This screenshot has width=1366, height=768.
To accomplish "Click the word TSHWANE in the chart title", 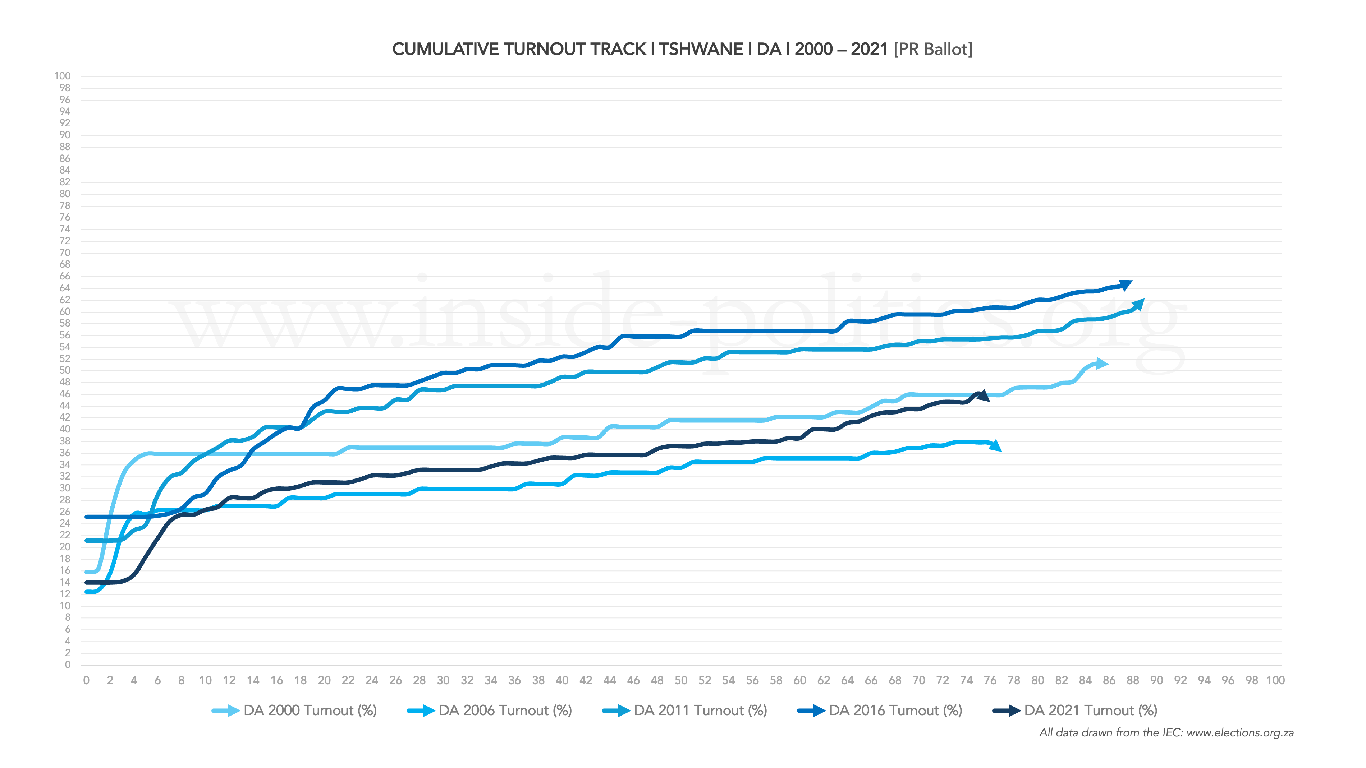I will [x=701, y=49].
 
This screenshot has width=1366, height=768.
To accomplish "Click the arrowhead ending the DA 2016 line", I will [x=1125, y=285].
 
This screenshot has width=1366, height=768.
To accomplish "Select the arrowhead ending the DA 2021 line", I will [x=984, y=395].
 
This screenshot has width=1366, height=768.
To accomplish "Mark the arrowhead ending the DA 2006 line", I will [x=995, y=446].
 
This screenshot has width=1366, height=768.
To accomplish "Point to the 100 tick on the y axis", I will [x=62, y=76].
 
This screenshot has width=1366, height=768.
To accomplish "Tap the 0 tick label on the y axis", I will [x=67, y=665].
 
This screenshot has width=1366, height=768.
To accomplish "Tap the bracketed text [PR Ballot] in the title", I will [x=933, y=49].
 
